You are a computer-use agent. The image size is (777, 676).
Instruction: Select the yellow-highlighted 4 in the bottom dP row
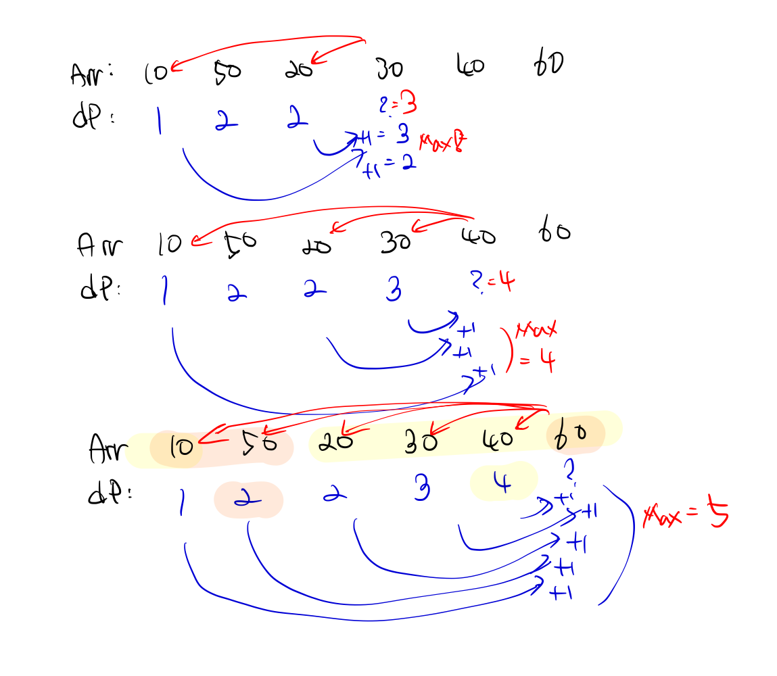pyautogui.click(x=502, y=483)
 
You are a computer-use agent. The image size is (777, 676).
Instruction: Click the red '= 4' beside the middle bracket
pyautogui.click(x=538, y=362)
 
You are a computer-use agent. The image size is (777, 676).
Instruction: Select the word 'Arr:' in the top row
pyautogui.click(x=91, y=74)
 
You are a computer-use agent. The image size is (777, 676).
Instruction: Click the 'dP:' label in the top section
pyautogui.click(x=91, y=118)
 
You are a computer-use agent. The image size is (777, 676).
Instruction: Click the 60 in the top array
pyautogui.click(x=548, y=65)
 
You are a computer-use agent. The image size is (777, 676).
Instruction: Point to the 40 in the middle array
pyautogui.click(x=478, y=236)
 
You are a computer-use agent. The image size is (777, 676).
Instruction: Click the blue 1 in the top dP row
pyautogui.click(x=158, y=122)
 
